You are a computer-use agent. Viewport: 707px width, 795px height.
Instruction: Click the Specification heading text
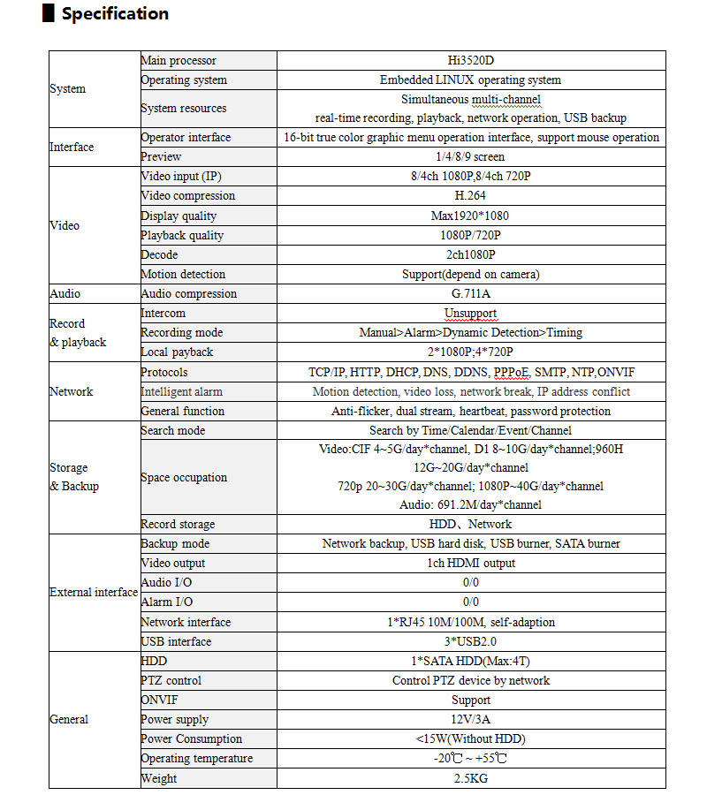click(x=115, y=14)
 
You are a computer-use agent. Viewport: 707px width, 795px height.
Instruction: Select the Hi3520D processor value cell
click(x=471, y=61)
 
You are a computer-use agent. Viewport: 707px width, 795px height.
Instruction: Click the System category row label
click(x=68, y=89)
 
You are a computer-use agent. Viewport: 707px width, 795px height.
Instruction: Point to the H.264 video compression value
click(x=471, y=196)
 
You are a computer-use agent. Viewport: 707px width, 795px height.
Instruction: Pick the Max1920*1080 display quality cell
click(x=471, y=216)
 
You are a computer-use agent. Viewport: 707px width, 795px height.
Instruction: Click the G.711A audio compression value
click(x=471, y=294)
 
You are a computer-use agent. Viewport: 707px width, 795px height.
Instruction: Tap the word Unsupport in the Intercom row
click(x=471, y=314)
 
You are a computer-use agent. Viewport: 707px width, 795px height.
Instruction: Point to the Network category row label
click(x=72, y=391)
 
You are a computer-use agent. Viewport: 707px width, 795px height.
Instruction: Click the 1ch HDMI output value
click(x=471, y=564)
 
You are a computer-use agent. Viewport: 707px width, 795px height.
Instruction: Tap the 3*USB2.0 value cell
click(x=471, y=642)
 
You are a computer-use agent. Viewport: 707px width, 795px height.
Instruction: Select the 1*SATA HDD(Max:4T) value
click(x=471, y=662)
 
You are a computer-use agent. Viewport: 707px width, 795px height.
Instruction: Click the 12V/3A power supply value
click(x=471, y=720)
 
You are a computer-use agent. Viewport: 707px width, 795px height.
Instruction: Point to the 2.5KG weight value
click(x=471, y=778)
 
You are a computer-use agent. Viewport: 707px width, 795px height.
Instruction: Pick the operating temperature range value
click(x=471, y=759)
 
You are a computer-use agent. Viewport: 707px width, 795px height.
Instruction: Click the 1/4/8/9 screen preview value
click(x=471, y=157)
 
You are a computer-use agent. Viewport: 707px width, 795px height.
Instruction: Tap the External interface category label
click(x=94, y=593)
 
